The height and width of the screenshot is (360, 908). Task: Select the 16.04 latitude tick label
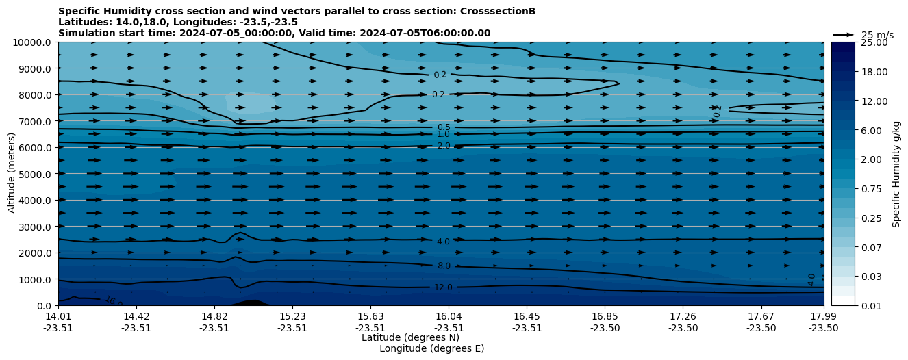[449, 316]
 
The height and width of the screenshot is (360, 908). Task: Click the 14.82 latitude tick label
[214, 316]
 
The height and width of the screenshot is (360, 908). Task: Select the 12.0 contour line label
[443, 287]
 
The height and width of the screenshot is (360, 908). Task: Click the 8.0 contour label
[444, 266]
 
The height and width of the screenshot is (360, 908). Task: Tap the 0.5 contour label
[444, 127]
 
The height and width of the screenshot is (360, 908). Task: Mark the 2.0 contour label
[444, 146]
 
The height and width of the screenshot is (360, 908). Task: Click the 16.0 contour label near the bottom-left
[114, 301]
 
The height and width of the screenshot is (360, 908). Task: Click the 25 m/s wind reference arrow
[843, 34]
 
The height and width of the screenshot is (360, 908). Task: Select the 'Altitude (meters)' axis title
[12, 174]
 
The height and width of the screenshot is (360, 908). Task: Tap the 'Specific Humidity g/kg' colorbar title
[896, 174]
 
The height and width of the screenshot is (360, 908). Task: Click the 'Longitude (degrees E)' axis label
[431, 348]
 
